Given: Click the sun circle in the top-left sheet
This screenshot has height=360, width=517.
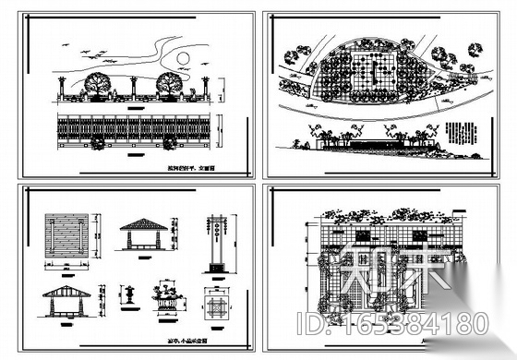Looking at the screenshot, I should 182,57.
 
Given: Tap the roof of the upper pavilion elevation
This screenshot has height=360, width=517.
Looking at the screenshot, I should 140,225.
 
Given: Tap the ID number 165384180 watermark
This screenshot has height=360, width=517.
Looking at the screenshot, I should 409,324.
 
